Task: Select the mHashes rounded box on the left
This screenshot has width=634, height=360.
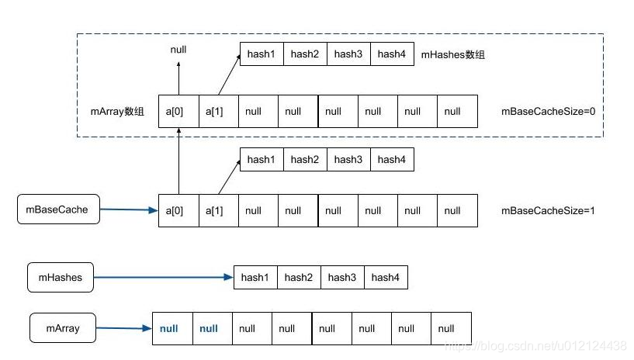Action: pos(60,277)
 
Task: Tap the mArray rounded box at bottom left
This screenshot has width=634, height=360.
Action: pos(64,328)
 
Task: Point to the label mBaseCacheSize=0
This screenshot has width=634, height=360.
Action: pos(548,111)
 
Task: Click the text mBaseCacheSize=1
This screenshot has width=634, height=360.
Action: pos(548,210)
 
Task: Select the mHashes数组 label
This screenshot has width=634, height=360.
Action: pos(452,54)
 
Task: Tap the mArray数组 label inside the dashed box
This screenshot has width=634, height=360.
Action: pos(117,111)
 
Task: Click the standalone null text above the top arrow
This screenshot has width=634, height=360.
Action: pos(178,50)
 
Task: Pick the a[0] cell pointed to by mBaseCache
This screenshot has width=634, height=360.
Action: pos(178,210)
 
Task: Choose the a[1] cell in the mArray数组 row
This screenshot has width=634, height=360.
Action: pos(218,111)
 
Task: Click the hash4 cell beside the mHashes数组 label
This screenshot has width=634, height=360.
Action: pos(392,54)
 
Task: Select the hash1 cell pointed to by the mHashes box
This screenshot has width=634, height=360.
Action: pos(255,277)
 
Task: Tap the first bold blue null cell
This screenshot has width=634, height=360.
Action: pos(169,328)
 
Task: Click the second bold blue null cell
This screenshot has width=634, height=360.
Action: pos(210,328)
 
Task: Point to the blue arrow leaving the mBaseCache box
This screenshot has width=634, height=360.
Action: pos(129,209)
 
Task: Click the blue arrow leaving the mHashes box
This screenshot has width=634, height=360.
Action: pos(163,276)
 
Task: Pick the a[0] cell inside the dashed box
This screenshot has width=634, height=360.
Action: pos(178,111)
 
